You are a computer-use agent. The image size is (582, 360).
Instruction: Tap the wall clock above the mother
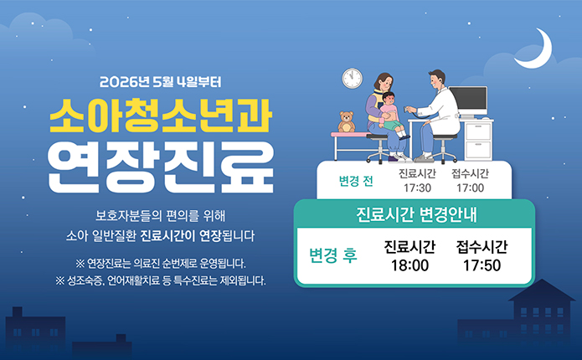coord(352,79)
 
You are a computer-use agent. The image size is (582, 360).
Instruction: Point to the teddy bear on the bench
coord(346,122)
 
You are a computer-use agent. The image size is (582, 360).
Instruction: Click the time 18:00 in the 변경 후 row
coord(409,265)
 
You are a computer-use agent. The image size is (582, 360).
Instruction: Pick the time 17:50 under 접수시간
coord(482,265)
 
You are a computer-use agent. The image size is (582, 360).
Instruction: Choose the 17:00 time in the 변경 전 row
coord(470,188)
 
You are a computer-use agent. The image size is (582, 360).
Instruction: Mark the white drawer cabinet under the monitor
coord(478,139)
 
